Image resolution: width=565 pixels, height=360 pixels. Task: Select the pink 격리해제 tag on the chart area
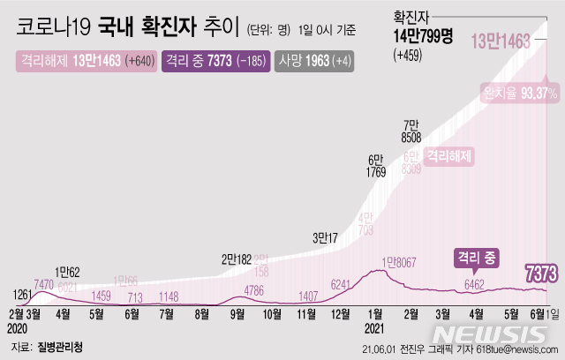pyautogui.click(x=449, y=157)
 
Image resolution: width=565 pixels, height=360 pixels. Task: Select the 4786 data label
pyautogui.click(x=254, y=289)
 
